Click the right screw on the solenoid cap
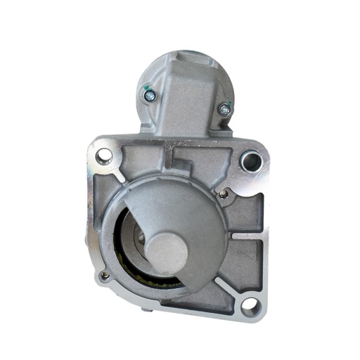pyautogui.click(x=224, y=108)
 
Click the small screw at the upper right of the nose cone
pyautogui.click(x=224, y=194)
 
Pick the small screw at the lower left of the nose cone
pyautogui.click(x=104, y=276)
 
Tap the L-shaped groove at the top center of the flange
pyautogui.click(x=184, y=156)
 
